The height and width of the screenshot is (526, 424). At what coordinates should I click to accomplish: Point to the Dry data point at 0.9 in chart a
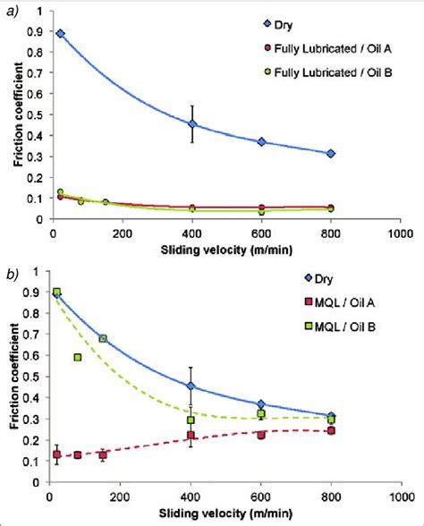(x=60, y=33)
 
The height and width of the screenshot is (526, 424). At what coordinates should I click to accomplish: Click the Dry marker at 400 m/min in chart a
(x=192, y=124)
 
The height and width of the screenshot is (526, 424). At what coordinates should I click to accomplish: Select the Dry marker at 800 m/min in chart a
(x=331, y=154)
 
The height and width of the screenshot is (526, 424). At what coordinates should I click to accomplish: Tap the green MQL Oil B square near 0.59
(x=79, y=357)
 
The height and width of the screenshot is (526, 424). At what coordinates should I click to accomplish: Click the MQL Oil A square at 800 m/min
(x=331, y=430)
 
